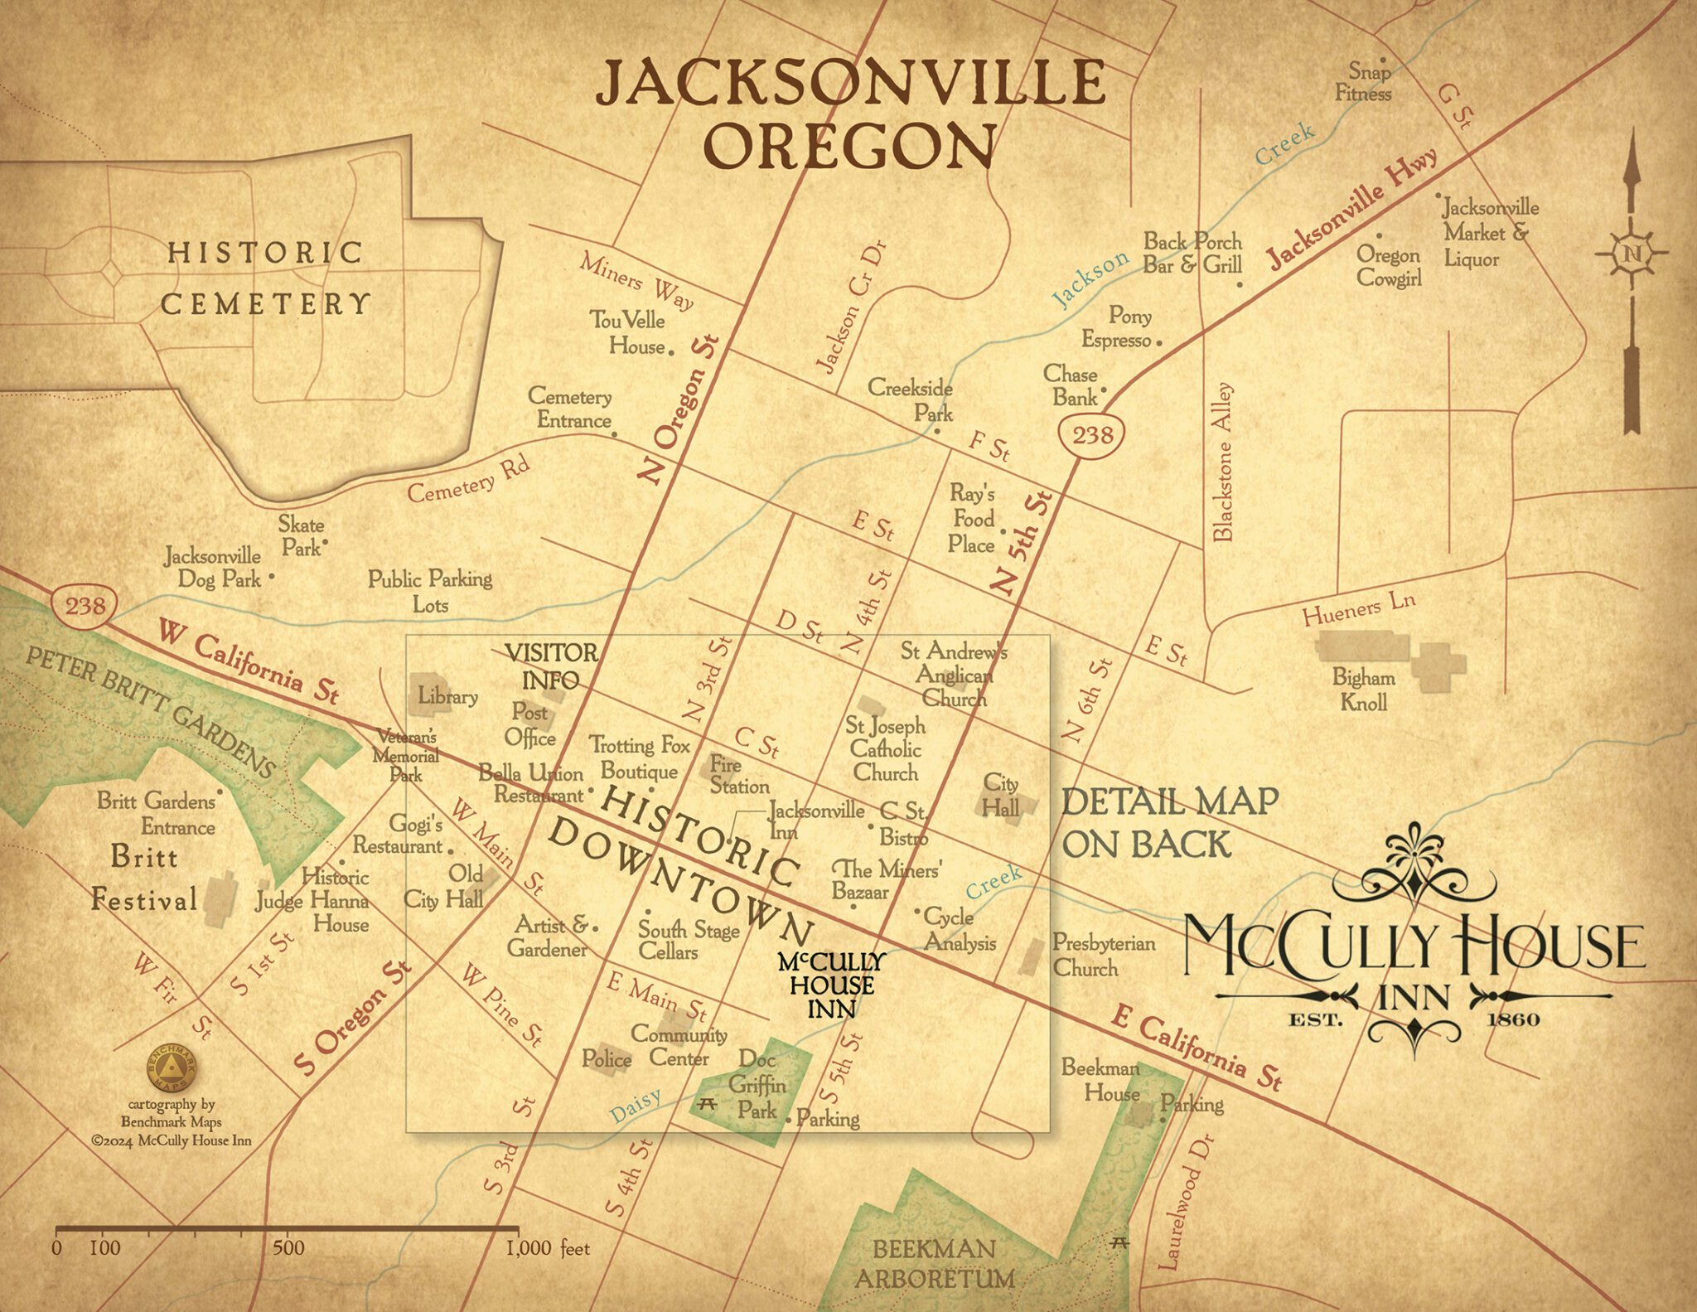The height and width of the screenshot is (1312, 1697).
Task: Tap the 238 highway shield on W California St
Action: click(85, 606)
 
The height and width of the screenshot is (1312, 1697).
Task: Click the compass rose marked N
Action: click(1632, 254)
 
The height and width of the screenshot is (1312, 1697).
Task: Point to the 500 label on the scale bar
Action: click(288, 1248)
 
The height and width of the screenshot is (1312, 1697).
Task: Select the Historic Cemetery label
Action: click(265, 278)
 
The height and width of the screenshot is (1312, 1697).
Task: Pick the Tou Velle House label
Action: click(628, 332)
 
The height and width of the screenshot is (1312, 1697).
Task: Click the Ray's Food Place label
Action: click(972, 519)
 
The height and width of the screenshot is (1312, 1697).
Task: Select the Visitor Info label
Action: click(550, 666)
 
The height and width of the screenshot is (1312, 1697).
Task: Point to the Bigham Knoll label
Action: click(1363, 690)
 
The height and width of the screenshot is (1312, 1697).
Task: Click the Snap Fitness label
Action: click(1364, 83)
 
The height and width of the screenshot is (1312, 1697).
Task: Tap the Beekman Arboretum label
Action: click(934, 1263)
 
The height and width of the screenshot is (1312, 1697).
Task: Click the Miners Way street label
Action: click(636, 282)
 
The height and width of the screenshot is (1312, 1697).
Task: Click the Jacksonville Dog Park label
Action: click(213, 567)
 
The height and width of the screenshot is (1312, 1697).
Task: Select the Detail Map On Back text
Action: click(1169, 822)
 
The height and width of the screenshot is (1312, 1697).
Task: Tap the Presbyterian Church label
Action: click(1103, 955)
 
